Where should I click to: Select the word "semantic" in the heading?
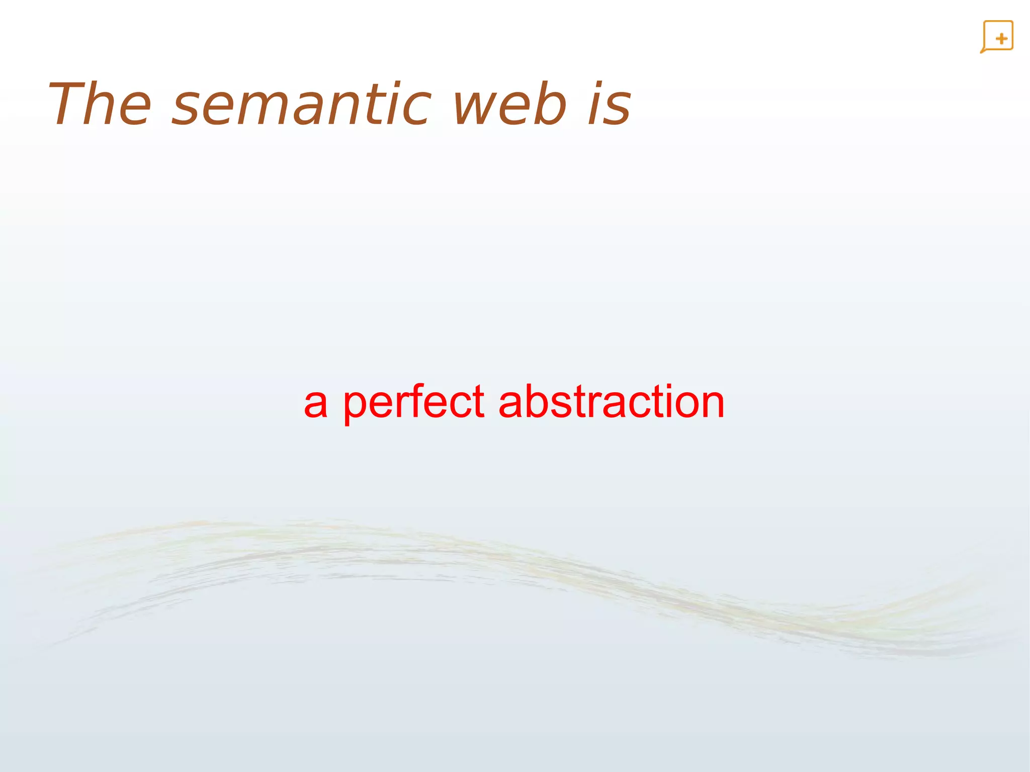(x=302, y=105)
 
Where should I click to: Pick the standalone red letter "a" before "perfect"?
(x=316, y=405)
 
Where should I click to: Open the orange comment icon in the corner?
(x=997, y=37)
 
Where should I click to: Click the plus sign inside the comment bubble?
(x=1001, y=39)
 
